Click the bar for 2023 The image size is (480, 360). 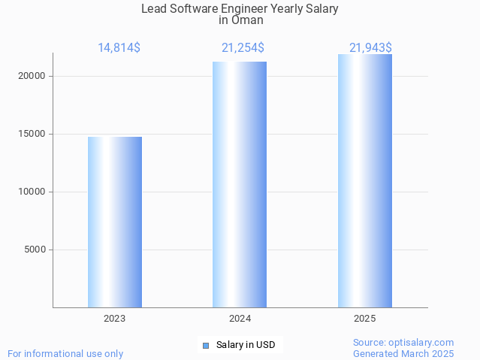[115, 222]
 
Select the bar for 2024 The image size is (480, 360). [240, 184]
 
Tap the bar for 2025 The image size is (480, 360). [364, 180]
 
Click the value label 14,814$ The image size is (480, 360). [119, 48]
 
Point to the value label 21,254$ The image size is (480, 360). [243, 48]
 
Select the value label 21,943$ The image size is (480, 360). [370, 48]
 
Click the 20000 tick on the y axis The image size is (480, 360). [33, 76]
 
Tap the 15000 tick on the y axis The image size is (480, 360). [33, 134]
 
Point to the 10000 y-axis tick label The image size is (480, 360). [33, 192]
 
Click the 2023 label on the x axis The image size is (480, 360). [115, 319]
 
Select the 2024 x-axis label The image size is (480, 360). [240, 319]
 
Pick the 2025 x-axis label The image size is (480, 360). [364, 319]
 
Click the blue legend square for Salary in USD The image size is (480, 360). [205, 346]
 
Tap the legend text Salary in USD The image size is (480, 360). [246, 346]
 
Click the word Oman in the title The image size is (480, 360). [247, 20]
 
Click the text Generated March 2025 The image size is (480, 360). [403, 353]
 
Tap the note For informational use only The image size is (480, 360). [65, 353]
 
